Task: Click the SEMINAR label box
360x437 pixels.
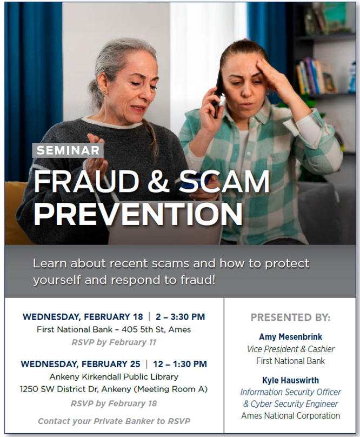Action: pyautogui.click(x=68, y=150)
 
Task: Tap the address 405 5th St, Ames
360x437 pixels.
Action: pyautogui.click(x=158, y=329)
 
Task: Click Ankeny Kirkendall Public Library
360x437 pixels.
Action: pyautogui.click(x=114, y=376)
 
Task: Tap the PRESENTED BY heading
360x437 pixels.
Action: pyautogui.click(x=290, y=317)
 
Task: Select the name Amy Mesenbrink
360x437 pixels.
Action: pyautogui.click(x=290, y=337)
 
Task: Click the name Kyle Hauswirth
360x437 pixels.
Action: pyautogui.click(x=290, y=380)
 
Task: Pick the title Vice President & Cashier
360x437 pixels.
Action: pyautogui.click(x=290, y=349)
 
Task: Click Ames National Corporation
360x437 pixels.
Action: pyautogui.click(x=290, y=415)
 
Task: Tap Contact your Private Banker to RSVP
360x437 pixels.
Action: pyautogui.click(x=114, y=421)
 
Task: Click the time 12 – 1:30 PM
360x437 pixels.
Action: pyautogui.click(x=177, y=364)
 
